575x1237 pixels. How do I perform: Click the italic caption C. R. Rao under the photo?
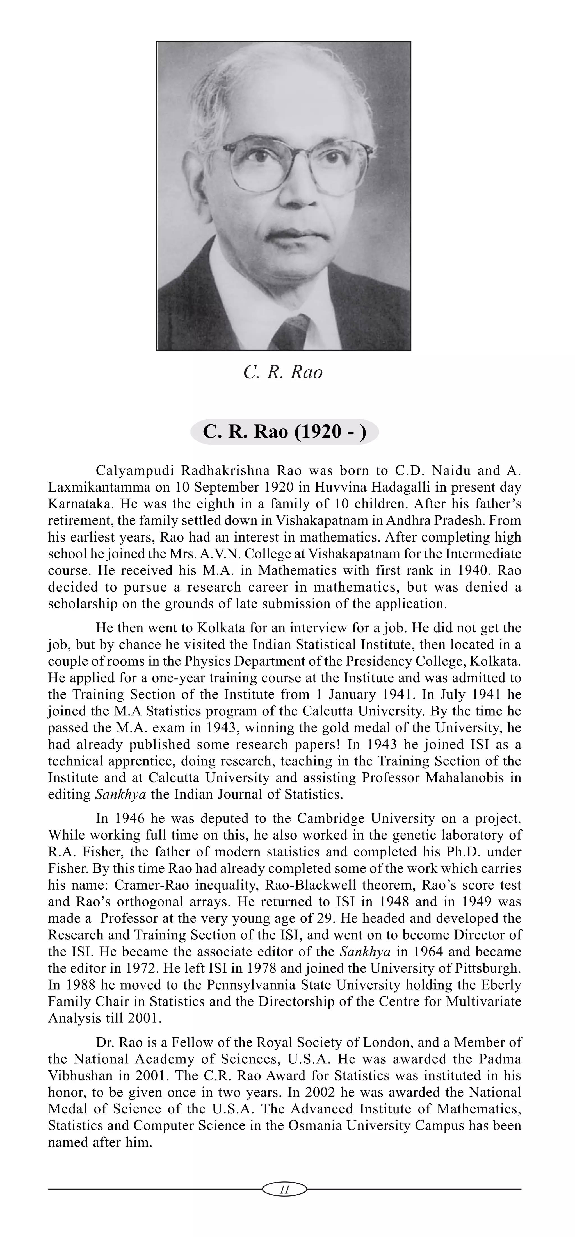283,372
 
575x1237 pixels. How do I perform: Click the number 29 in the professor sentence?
315,918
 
